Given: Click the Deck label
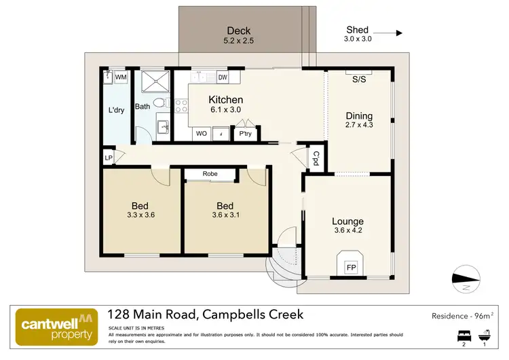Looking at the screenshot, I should [x=239, y=31].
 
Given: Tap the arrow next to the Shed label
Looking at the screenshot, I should [x=389, y=32].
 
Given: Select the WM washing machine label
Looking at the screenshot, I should [x=121, y=78].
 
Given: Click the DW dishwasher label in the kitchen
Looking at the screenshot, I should [x=223, y=77].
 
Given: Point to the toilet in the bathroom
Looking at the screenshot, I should [x=159, y=103].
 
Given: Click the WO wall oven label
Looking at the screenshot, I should [x=201, y=134].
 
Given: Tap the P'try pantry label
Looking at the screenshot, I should [x=245, y=134].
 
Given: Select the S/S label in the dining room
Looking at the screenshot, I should [x=359, y=79].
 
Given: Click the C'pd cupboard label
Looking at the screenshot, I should [x=316, y=158].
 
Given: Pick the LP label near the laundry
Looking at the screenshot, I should [x=109, y=158].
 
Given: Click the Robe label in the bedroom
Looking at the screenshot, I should [x=210, y=175].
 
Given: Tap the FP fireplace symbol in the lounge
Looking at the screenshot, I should [x=352, y=268].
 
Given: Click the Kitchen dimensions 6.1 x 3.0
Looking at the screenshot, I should [x=225, y=110].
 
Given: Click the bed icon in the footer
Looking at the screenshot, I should [x=464, y=335].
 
